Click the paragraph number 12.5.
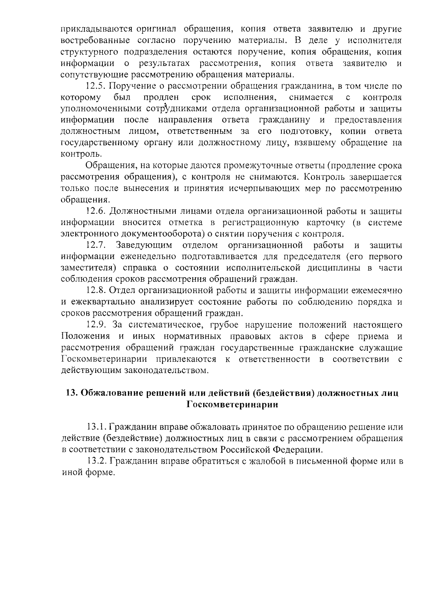[x=96, y=86]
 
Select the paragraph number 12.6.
[x=96, y=211]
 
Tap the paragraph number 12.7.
[x=96, y=245]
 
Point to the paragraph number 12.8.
[x=96, y=291]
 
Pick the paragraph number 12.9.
[x=96, y=325]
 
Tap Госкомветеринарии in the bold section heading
[x=232, y=405]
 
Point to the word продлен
[x=161, y=97]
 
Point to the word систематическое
[x=165, y=325]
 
